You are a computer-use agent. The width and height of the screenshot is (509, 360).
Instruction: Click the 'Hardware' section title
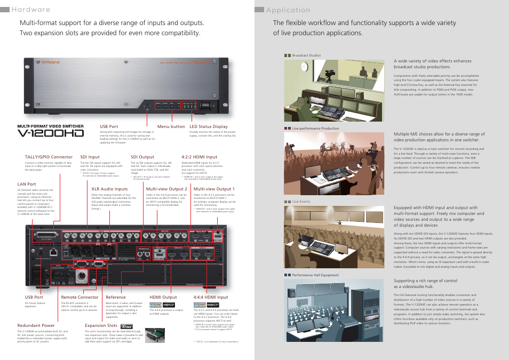point(30,10)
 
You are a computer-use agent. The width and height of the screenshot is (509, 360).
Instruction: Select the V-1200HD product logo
point(51,131)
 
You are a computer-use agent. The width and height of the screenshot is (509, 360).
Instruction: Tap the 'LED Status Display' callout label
point(209,126)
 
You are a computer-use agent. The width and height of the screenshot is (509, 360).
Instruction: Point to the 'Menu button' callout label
point(171,126)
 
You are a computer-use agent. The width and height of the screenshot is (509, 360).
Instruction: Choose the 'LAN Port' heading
point(27,184)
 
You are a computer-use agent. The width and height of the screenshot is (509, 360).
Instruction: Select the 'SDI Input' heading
point(90,157)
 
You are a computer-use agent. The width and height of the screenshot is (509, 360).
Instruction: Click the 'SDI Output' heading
point(142,157)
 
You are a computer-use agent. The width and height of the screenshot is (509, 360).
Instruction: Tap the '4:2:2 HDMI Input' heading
point(200,157)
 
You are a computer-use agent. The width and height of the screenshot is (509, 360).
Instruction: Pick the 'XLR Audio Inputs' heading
point(109,189)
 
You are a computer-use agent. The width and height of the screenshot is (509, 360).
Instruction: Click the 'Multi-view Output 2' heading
point(166,189)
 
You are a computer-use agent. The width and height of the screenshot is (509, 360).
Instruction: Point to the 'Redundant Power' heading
point(36,325)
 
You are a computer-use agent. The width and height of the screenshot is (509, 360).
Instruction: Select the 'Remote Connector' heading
point(79,297)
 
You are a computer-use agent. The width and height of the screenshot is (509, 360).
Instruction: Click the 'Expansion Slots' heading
point(101,325)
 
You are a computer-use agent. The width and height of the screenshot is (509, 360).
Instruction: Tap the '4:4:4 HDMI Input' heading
point(211,297)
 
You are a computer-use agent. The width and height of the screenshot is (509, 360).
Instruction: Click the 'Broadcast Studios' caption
point(306,55)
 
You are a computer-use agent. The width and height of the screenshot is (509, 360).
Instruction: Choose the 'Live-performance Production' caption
point(315,129)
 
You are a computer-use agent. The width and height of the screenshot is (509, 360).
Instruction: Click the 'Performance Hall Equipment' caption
point(315,275)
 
